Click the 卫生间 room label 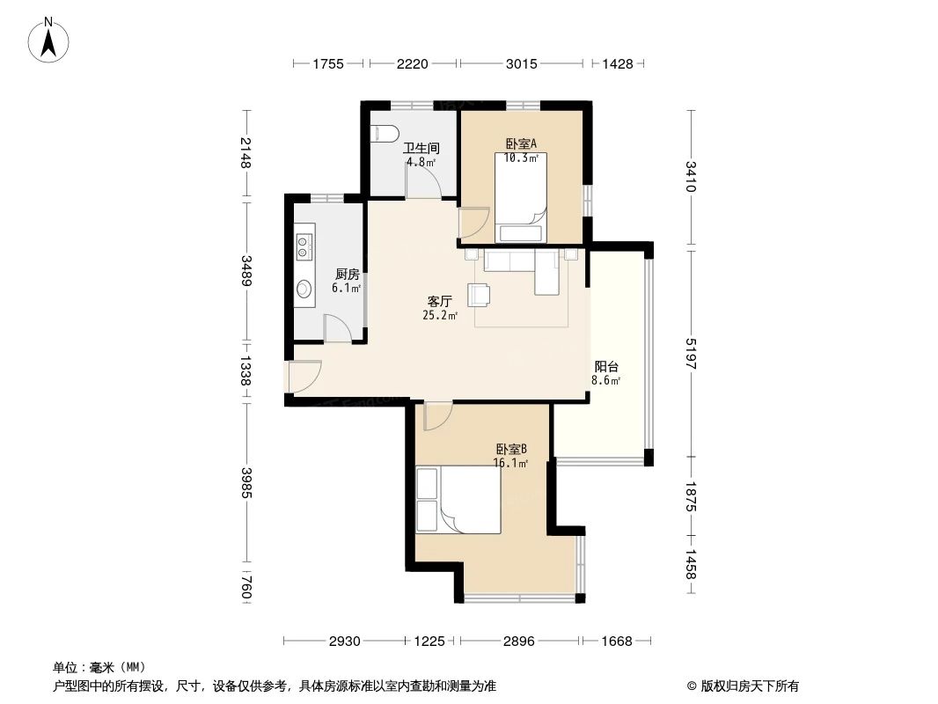tap(420, 149)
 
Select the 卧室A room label tap(520, 144)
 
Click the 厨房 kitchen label tap(347, 275)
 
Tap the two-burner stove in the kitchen tap(304, 246)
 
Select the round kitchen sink tap(304, 288)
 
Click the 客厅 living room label tap(440, 301)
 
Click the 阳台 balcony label tap(606, 367)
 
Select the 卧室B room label tap(510, 449)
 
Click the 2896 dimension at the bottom tap(519, 642)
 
